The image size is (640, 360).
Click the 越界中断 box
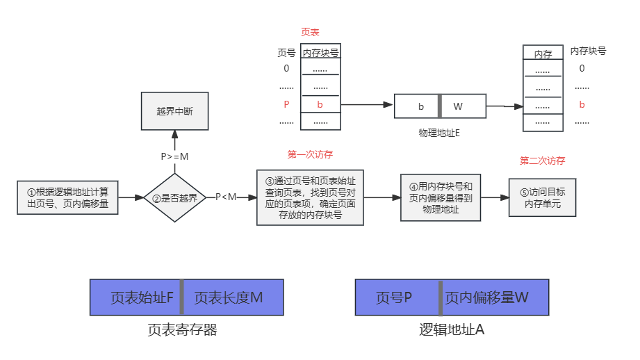click(x=174, y=111)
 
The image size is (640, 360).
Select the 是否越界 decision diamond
click(x=174, y=197)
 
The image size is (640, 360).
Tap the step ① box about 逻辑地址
click(x=68, y=197)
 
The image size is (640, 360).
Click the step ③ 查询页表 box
click(x=310, y=197)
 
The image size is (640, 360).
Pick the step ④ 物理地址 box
click(x=441, y=197)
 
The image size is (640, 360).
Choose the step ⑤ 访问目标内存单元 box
click(x=543, y=197)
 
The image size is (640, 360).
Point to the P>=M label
click(x=174, y=156)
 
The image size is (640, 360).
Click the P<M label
click(x=226, y=197)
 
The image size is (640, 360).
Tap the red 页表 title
click(x=310, y=32)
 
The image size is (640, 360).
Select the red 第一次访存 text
click(x=310, y=154)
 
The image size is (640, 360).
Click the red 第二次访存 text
click(x=542, y=161)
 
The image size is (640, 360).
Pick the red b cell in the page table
click(x=320, y=105)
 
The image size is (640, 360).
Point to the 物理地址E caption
click(x=439, y=132)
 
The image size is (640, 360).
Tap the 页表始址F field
click(x=135, y=297)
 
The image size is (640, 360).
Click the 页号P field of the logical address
click(x=396, y=297)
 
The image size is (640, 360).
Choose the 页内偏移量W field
click(x=495, y=297)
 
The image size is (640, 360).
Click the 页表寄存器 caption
click(x=183, y=330)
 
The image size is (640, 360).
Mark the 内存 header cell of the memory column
click(x=543, y=54)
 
